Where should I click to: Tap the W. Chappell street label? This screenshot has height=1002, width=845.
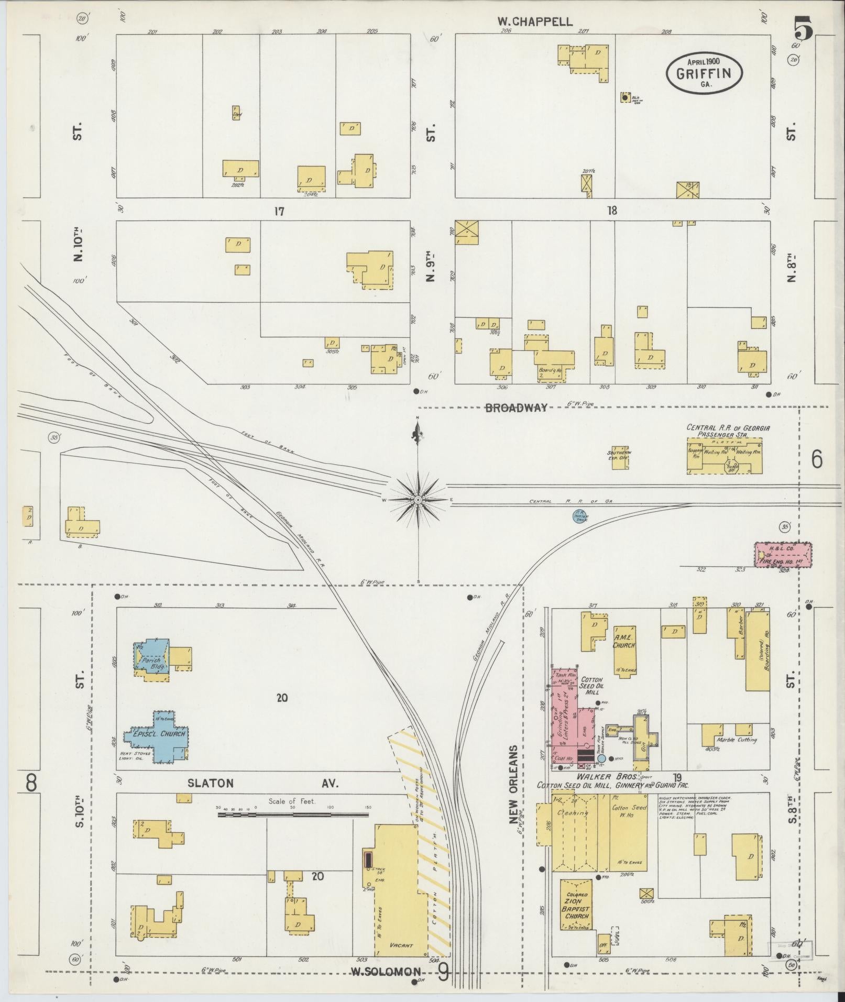(534, 21)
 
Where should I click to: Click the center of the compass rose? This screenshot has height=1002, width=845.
(418, 500)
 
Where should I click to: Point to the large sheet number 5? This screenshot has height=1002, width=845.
(803, 29)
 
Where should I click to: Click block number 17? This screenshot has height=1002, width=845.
(278, 212)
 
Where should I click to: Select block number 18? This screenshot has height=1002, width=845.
(611, 211)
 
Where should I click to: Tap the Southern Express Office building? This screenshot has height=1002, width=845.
(620, 457)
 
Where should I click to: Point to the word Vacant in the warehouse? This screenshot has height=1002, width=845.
(401, 945)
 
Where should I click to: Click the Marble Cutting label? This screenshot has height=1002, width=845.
(737, 740)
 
